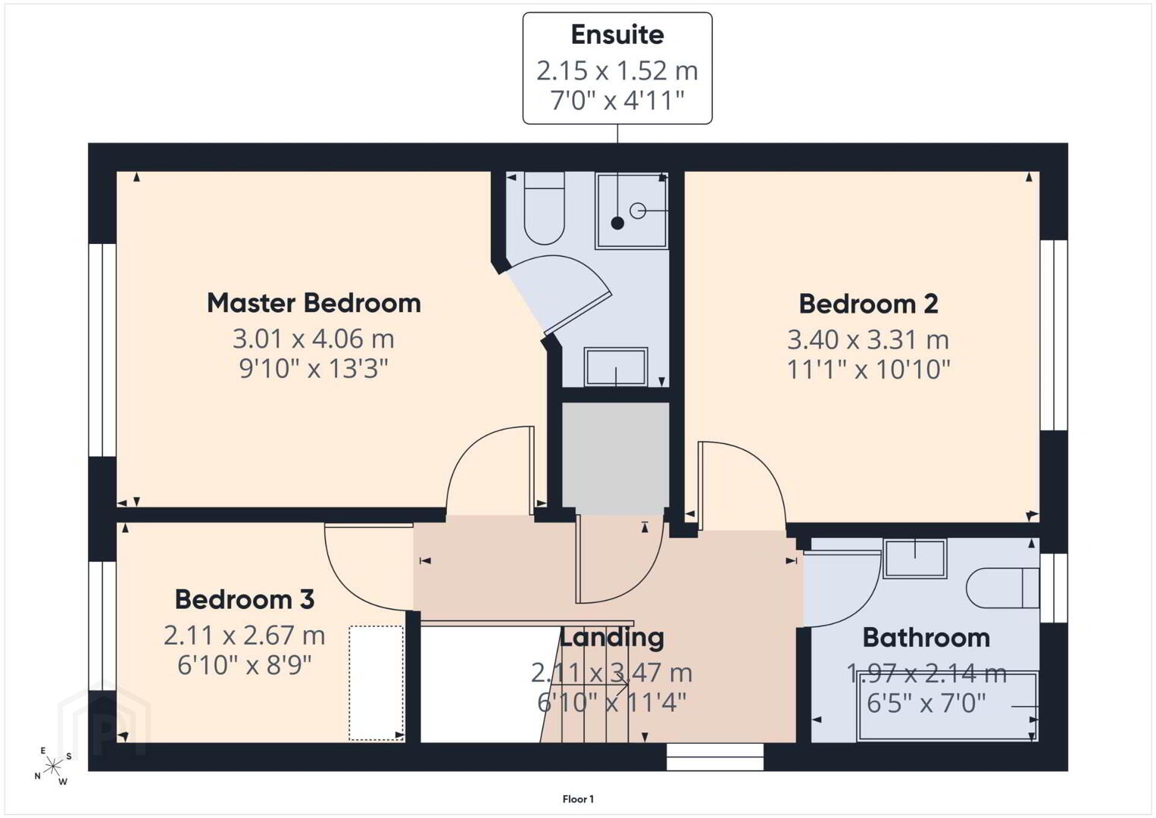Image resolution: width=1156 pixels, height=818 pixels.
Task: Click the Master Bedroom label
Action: (x=314, y=303)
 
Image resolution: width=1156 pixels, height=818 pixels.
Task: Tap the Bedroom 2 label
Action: (x=869, y=304)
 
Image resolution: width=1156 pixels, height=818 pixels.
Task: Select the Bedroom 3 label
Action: (x=245, y=600)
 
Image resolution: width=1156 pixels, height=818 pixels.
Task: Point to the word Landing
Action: (x=612, y=638)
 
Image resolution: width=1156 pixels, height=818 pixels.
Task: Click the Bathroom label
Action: (x=926, y=638)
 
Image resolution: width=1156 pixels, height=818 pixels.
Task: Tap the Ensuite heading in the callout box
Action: (x=617, y=35)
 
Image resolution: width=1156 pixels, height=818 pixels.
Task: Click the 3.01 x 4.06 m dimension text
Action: (x=314, y=339)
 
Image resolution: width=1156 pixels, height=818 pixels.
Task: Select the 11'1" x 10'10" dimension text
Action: (x=869, y=370)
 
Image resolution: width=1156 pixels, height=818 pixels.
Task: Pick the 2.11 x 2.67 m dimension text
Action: (x=245, y=635)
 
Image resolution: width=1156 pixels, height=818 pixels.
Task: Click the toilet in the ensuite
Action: (x=544, y=208)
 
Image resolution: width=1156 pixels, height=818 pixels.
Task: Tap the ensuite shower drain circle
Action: (x=638, y=211)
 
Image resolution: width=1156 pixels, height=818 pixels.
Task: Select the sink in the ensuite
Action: (x=616, y=367)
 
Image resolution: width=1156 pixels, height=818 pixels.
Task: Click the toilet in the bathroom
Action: (x=1002, y=589)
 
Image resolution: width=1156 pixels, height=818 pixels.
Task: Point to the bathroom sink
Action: (x=915, y=558)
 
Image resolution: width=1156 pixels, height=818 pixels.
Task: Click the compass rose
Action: (x=52, y=766)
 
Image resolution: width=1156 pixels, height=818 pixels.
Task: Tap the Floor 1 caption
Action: (x=578, y=799)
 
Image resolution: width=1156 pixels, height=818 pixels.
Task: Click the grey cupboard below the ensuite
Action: (x=616, y=458)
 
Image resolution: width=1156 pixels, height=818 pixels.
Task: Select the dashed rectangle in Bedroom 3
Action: (x=376, y=683)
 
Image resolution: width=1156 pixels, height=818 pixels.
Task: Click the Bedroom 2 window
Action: (x=1053, y=336)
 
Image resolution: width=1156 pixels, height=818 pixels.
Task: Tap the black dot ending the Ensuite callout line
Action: (x=617, y=223)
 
